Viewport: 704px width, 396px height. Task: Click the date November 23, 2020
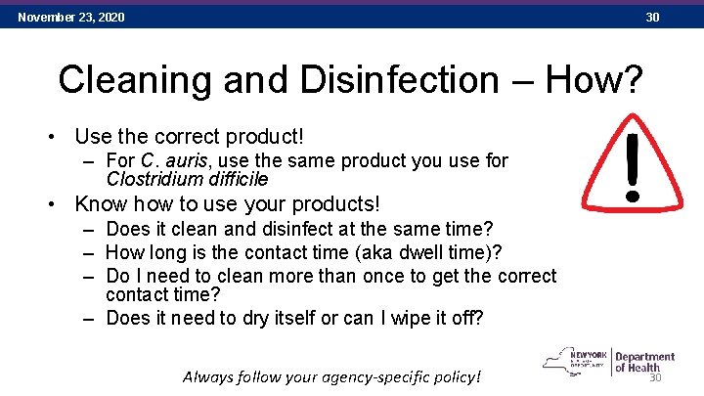tap(70, 18)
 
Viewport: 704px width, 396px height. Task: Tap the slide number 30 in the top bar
tap(652, 18)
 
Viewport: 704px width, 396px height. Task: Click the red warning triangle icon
tap(637, 161)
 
